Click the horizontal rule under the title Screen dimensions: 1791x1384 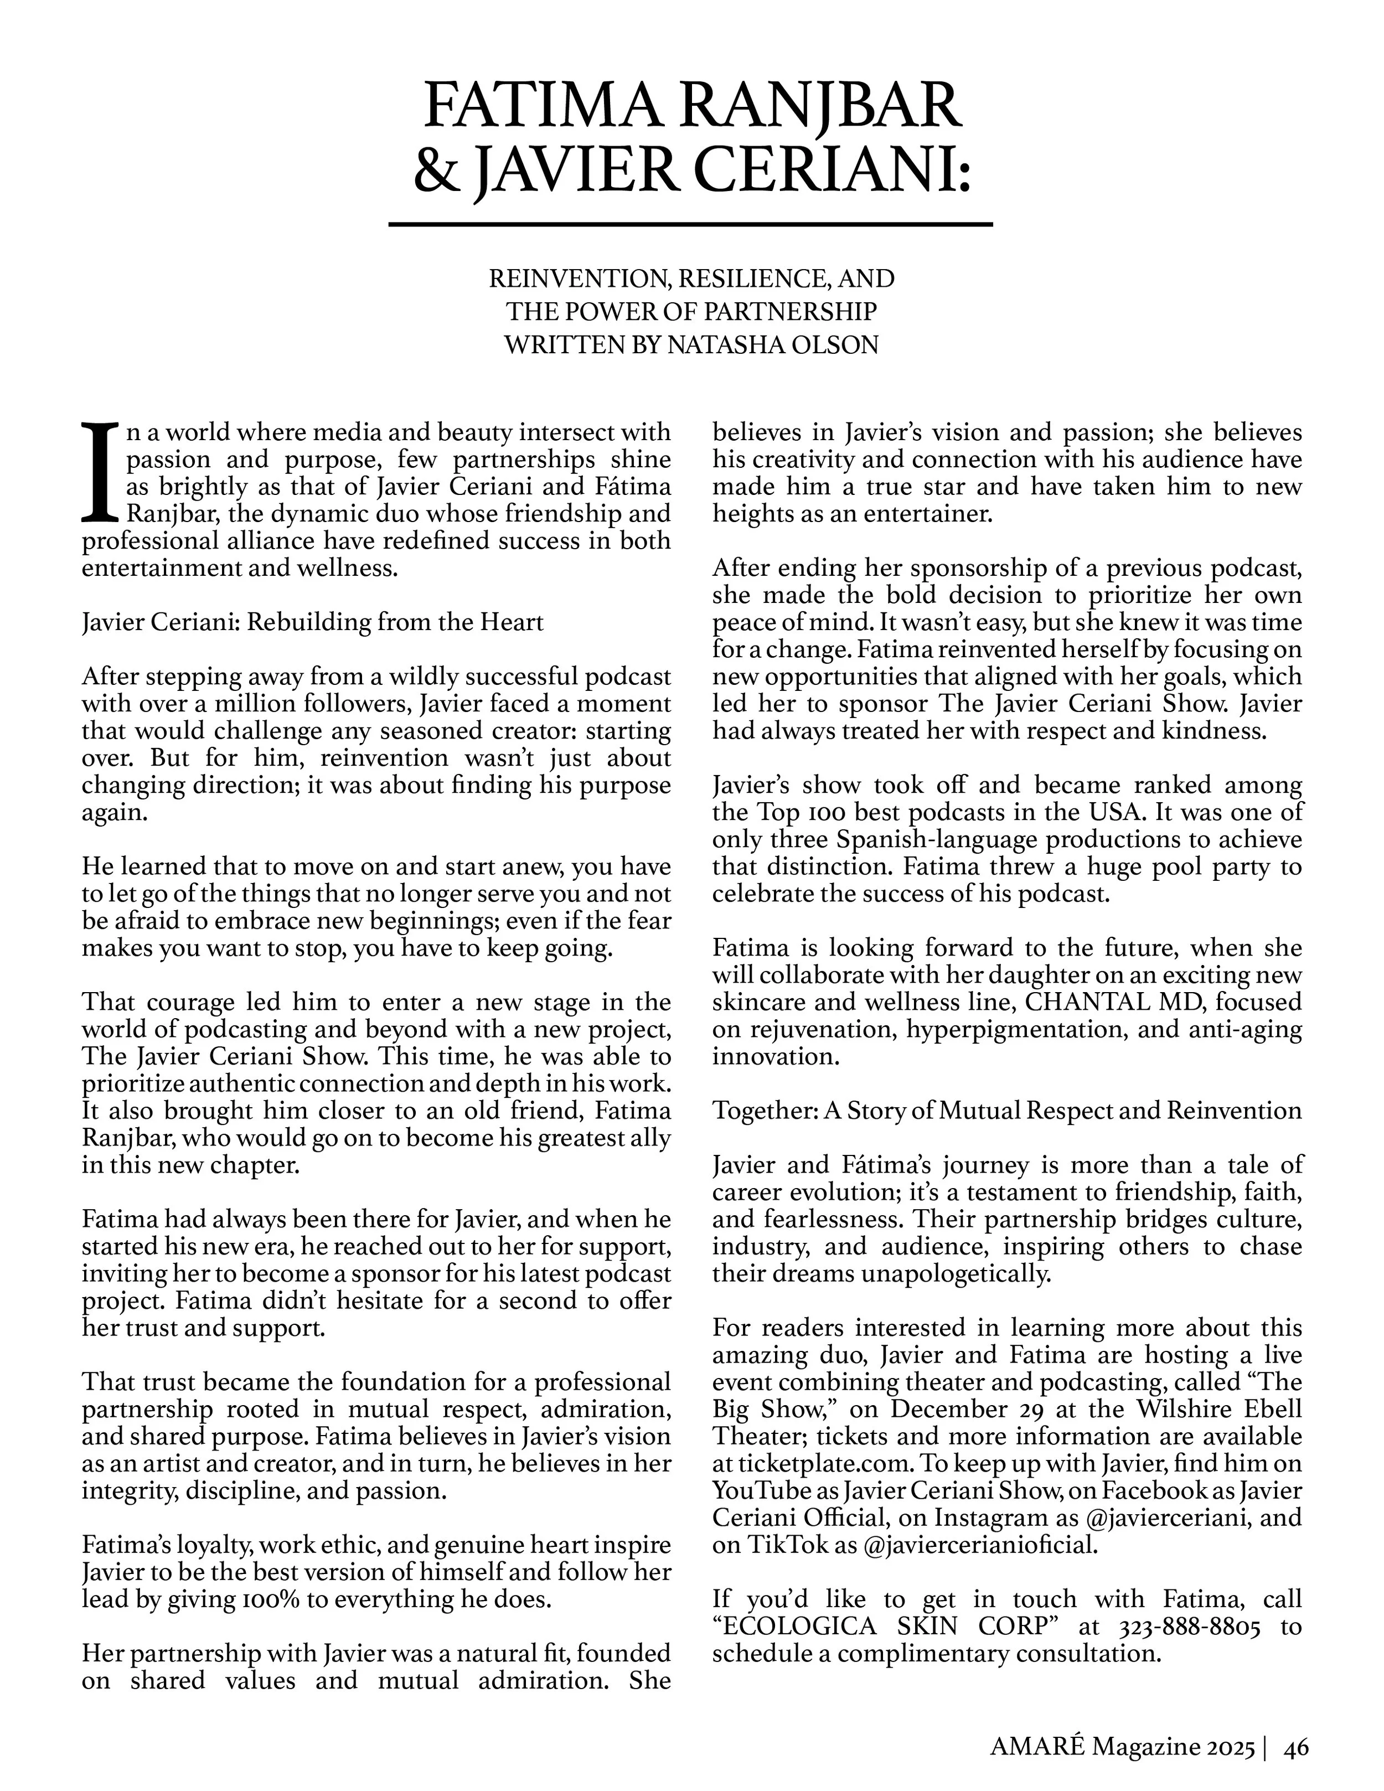click(x=690, y=224)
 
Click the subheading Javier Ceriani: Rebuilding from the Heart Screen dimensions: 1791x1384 click(x=312, y=622)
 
